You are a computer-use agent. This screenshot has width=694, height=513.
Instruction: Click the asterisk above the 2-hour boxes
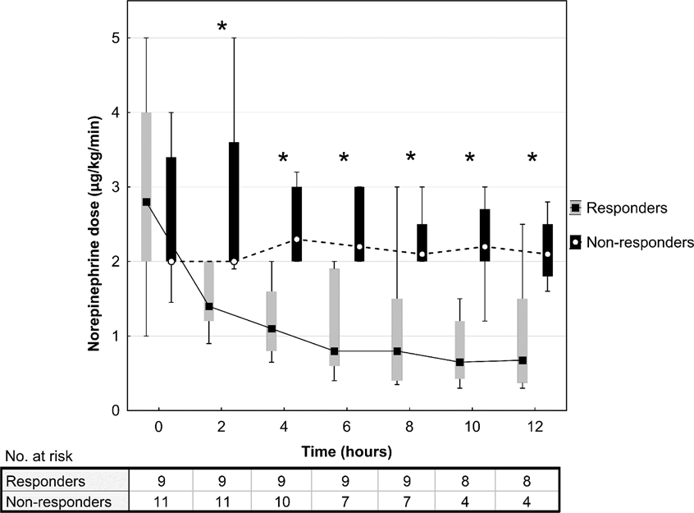tap(222, 27)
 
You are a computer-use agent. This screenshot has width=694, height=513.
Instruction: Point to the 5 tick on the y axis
tap(117, 38)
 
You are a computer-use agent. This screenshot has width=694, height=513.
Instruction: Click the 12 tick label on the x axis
tap(534, 428)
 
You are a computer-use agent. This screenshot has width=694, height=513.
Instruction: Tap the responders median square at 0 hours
tap(146, 202)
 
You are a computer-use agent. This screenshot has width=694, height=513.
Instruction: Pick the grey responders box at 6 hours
tap(335, 316)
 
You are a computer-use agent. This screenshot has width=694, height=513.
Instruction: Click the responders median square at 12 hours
tap(523, 360)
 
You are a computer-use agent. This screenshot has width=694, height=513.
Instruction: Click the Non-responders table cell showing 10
tap(283, 497)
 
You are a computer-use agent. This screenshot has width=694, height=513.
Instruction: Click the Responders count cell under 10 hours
tap(471, 480)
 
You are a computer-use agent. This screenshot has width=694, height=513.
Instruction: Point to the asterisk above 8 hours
tap(411, 157)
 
